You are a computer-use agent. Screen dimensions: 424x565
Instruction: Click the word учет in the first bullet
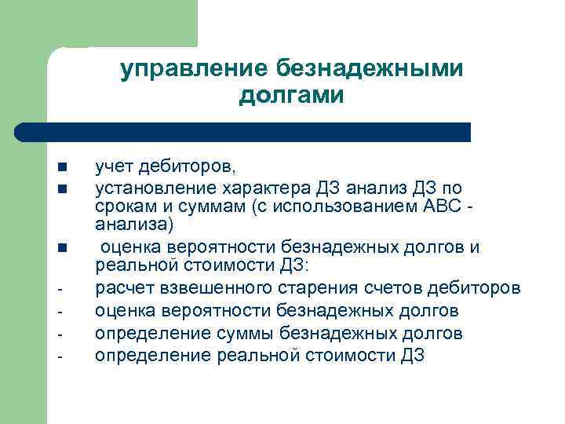[x=115, y=166]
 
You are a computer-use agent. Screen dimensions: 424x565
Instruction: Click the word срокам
[x=122, y=207]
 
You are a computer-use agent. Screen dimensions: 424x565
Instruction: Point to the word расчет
[x=122, y=288]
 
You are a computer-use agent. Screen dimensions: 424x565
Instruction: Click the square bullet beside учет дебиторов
[x=61, y=168]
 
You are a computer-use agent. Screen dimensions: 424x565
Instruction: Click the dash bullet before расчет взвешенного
[x=60, y=290]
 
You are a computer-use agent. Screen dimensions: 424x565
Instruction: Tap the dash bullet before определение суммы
[x=60, y=335]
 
